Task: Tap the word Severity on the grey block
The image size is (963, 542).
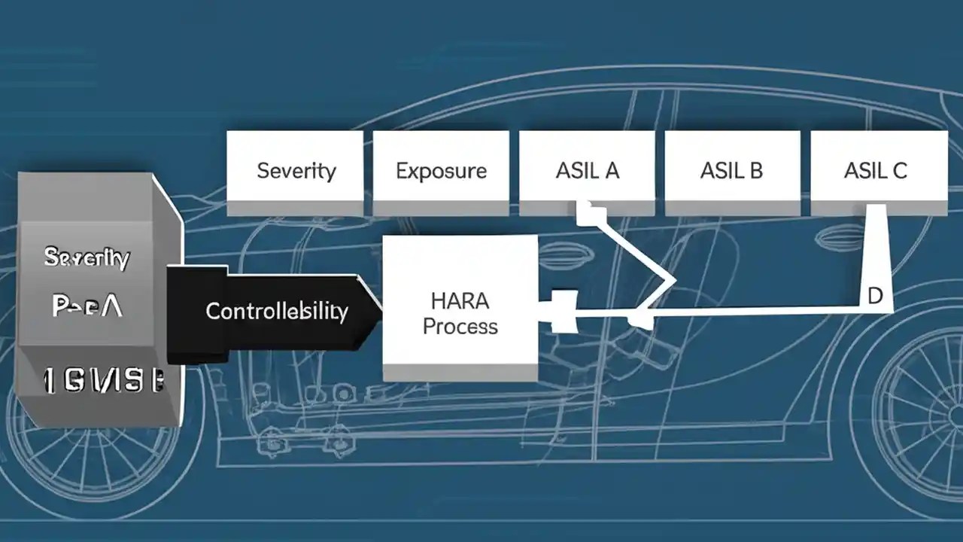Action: click(87, 258)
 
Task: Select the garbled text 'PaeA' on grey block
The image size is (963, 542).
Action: click(87, 306)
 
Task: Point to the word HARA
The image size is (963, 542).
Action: click(460, 301)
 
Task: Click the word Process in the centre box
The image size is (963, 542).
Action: click(460, 326)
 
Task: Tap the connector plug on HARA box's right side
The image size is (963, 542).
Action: click(560, 310)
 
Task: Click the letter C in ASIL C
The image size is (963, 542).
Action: click(899, 170)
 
